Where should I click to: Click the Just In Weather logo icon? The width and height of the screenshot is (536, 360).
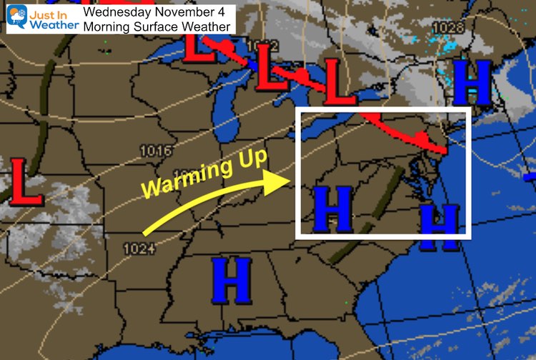point(16,17)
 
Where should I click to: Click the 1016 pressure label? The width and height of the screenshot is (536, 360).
point(155,151)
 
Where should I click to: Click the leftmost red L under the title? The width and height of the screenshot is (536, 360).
point(199,44)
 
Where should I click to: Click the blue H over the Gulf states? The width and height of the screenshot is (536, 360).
point(232,280)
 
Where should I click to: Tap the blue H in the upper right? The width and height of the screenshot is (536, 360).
point(472,82)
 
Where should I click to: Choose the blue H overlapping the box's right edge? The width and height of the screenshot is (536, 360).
point(439,227)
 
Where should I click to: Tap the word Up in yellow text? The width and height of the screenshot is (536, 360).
point(246,165)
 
